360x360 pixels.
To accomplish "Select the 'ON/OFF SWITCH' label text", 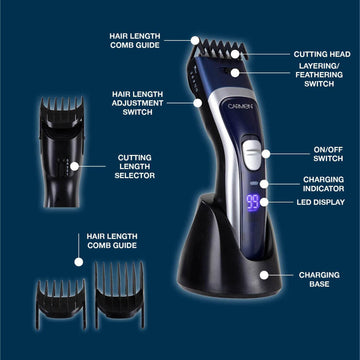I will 327,155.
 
